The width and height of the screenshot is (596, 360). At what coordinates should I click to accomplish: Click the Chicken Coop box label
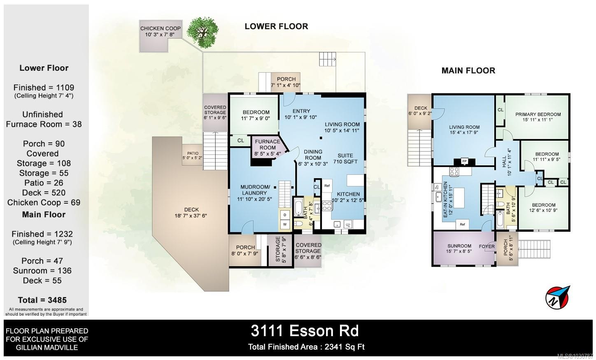[160, 31]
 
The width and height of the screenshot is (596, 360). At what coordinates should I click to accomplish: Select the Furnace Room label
[268, 144]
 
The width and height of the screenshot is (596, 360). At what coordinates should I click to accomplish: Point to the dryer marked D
[285, 215]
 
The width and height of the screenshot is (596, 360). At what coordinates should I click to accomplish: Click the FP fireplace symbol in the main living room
[464, 161]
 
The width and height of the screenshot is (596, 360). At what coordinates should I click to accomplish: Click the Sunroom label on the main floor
[459, 249]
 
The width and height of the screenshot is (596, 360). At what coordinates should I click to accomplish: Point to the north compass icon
[557, 297]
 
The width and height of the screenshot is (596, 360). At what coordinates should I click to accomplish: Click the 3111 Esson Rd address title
[305, 330]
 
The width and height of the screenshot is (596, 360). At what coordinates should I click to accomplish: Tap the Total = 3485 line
[42, 300]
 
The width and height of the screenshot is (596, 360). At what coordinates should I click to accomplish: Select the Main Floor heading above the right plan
[468, 70]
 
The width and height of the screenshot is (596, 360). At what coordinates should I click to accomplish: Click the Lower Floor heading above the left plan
[276, 26]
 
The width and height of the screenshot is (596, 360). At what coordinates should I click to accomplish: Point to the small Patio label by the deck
[193, 155]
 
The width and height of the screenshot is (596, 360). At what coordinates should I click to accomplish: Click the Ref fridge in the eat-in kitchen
[462, 224]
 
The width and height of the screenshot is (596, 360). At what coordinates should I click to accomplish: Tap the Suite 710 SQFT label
[345, 158]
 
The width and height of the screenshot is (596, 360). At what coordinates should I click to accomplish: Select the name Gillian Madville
[47, 347]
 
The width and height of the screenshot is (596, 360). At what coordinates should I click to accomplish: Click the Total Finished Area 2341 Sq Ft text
[306, 347]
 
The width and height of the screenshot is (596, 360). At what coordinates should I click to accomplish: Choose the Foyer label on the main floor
[487, 246]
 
